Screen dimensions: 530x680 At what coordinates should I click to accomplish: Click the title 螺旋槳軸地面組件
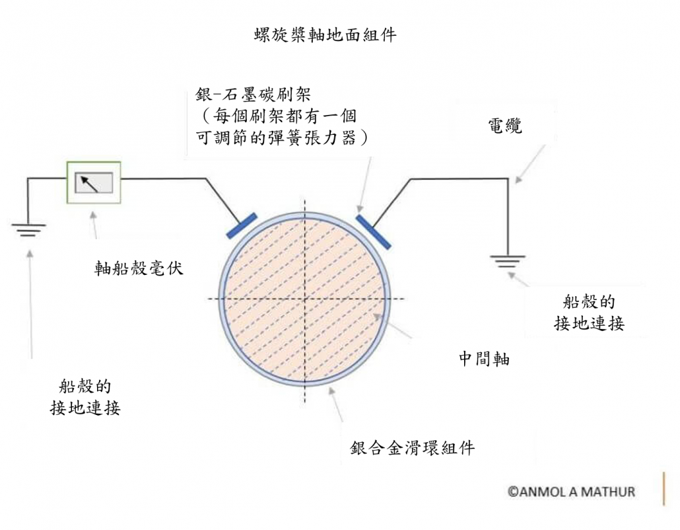(325, 35)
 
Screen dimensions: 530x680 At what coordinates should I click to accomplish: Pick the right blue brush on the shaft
(373, 231)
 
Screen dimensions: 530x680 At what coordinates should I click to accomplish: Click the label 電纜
(505, 126)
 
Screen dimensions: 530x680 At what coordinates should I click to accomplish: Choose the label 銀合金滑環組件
(413, 447)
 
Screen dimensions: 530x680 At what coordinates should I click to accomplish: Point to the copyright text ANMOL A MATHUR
(571, 492)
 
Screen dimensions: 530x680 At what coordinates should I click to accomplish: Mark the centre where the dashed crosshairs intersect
(305, 299)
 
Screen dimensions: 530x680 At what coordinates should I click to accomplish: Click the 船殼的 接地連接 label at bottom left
(85, 397)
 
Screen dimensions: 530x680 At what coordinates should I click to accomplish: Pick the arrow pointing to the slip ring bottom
(337, 404)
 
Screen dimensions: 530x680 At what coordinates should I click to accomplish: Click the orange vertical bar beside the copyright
(663, 488)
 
